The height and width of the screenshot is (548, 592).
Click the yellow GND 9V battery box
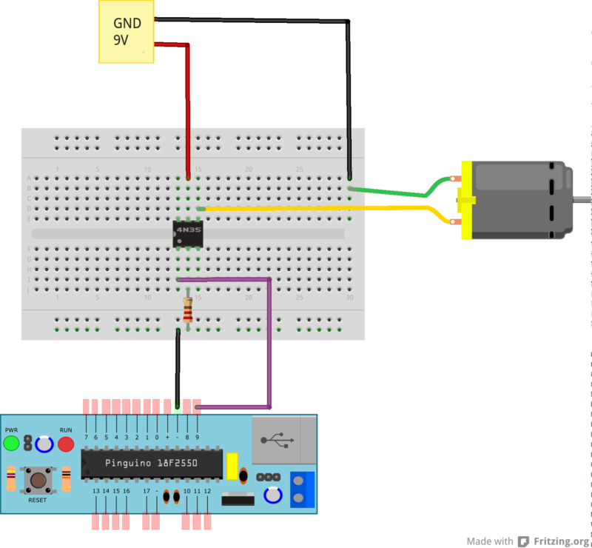126,31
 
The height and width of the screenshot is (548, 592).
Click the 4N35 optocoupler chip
189,233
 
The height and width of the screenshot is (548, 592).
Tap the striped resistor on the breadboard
188,310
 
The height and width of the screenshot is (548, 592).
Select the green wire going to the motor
392,193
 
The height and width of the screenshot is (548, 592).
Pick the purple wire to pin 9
270,341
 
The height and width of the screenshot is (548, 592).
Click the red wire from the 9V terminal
188,104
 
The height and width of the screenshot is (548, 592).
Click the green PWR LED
11,444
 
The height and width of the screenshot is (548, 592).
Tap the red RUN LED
66,444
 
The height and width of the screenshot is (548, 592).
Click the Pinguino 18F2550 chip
152,464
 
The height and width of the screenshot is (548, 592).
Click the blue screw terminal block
302,489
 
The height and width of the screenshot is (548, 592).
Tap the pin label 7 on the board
86,437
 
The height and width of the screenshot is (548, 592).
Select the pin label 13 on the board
96,491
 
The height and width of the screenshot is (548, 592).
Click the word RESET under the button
37,501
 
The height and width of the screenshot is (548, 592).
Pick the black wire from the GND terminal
348,89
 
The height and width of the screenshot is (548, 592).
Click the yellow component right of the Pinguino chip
232,466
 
